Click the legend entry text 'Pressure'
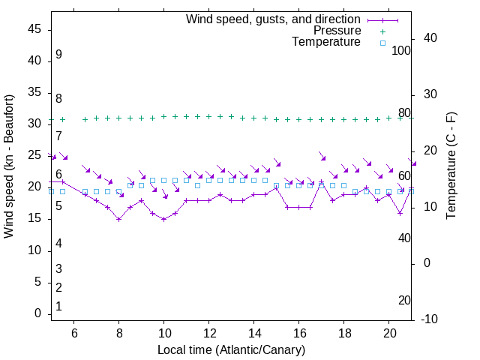pyautogui.click(x=337, y=31)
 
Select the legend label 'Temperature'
pyautogui.click(x=326, y=43)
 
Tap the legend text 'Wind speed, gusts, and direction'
pyautogui.click(x=274, y=19)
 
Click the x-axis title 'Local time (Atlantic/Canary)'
pyautogui.click(x=232, y=350)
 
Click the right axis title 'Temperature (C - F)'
pyautogui.click(x=451, y=166)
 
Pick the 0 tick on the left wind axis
pyautogui.click(x=37, y=314)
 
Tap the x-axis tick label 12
pyautogui.click(x=208, y=332)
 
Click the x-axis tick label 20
pyautogui.click(x=388, y=332)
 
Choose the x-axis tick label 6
pyautogui.click(x=73, y=332)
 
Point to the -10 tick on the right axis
pyautogui.click(x=430, y=319)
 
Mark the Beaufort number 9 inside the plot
pyautogui.click(x=58, y=55)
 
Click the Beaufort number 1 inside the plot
pyautogui.click(x=58, y=307)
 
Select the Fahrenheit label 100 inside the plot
pyautogui.click(x=401, y=51)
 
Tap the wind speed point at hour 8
pyautogui.click(x=118, y=219)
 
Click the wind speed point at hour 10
pyautogui.click(x=163, y=219)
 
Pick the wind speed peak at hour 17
pyautogui.click(x=321, y=183)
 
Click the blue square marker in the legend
pyautogui.click(x=382, y=43)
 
